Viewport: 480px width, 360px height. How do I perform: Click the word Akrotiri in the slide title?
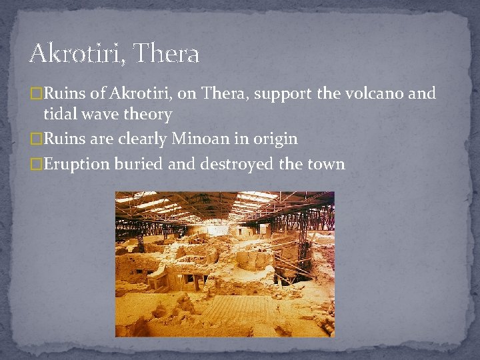(73, 53)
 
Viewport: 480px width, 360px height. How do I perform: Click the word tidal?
(59, 114)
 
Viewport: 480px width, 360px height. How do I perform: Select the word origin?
(273, 139)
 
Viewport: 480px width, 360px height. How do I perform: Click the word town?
(326, 164)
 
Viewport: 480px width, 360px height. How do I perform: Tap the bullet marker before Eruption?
(37, 164)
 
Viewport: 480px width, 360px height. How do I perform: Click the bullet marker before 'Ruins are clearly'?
(37, 139)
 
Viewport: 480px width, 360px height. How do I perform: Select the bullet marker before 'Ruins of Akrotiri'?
(37, 94)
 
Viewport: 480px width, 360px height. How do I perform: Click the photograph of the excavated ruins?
(225, 264)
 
